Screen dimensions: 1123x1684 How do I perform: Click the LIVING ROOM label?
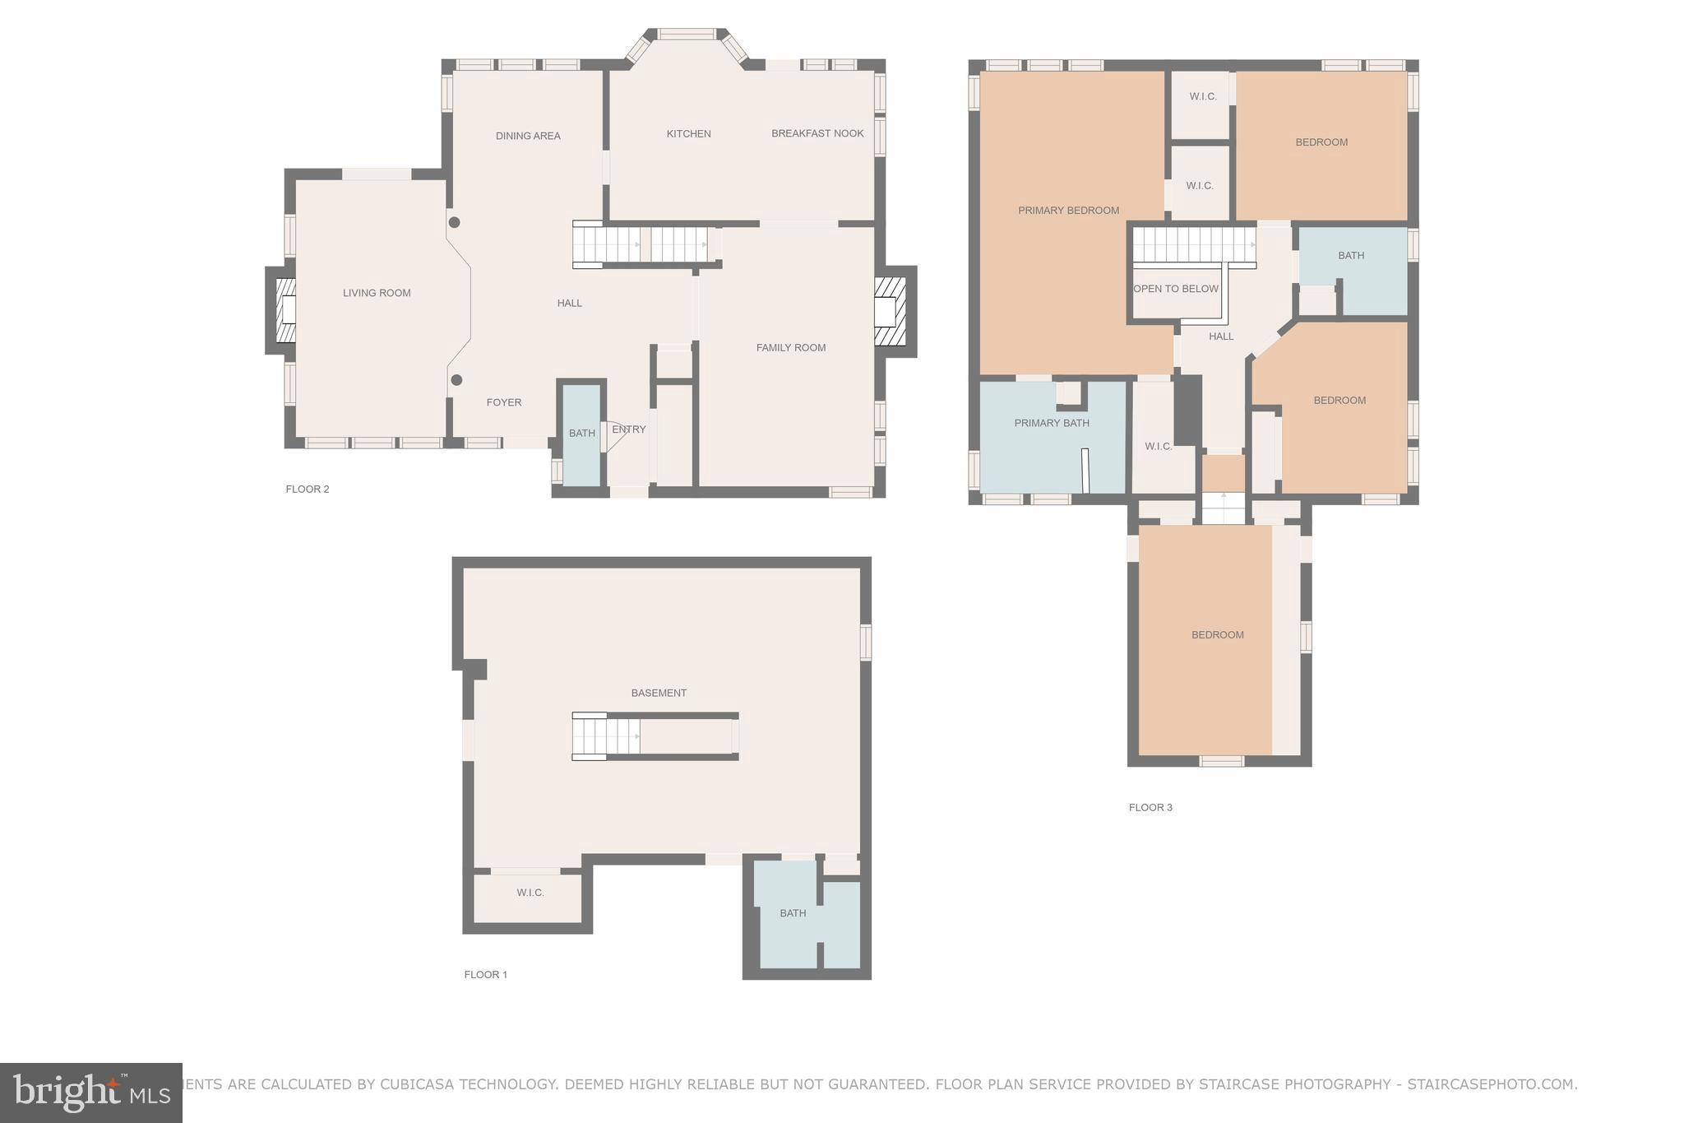377,293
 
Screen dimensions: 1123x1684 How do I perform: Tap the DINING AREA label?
528,136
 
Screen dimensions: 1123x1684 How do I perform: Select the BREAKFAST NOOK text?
817,133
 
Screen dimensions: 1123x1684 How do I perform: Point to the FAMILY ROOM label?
790,348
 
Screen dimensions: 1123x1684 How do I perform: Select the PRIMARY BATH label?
1051,423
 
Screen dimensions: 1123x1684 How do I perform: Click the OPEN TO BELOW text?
1176,289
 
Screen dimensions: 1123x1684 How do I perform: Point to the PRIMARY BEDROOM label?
1068,211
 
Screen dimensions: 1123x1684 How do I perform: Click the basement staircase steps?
605,736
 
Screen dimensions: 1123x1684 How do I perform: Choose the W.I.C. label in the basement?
530,893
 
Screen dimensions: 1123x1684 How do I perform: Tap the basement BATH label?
793,913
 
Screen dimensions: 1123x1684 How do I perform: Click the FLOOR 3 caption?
1150,807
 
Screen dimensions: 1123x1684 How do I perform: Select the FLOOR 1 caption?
485,975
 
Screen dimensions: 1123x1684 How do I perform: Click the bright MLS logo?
90,1093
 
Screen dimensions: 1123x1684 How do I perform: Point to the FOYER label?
504,402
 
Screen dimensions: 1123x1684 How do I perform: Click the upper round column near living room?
454,222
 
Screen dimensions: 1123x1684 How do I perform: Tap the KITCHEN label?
688,133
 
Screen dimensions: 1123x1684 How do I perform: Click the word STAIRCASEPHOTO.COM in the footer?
1491,1084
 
